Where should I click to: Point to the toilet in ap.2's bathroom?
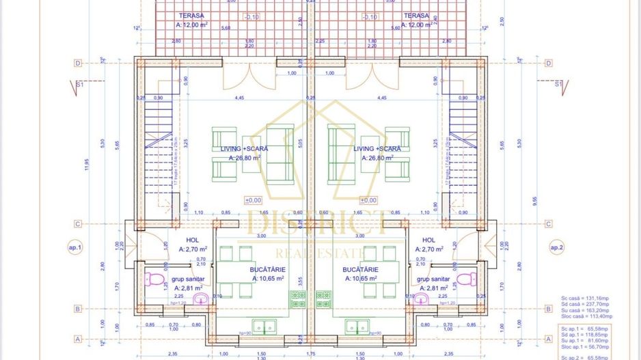click(467, 279)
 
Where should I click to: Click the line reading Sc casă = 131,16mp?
click(586, 299)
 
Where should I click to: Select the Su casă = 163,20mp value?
click(586, 311)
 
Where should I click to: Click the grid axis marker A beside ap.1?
click(79, 338)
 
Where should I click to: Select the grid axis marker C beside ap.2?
click(549, 223)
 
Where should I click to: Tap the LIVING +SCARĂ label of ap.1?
click(244, 148)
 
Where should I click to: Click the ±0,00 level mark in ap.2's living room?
click(368, 200)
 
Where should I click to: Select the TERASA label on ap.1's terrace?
click(191, 15)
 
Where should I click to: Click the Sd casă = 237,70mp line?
click(586, 305)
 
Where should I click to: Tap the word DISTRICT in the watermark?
click(318, 221)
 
